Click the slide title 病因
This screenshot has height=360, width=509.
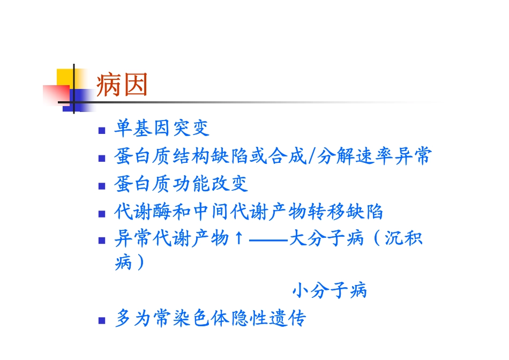click(x=122, y=86)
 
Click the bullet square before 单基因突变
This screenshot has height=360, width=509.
click(x=102, y=130)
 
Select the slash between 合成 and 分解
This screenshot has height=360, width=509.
click(x=312, y=156)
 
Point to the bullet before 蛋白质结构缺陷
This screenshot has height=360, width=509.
click(x=102, y=159)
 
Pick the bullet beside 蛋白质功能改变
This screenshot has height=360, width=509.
click(x=102, y=186)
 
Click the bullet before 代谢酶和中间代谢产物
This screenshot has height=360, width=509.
click(x=102, y=214)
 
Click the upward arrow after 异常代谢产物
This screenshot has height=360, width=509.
click(x=239, y=238)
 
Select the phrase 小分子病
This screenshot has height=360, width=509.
click(x=329, y=291)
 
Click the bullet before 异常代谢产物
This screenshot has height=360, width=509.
click(x=102, y=240)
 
